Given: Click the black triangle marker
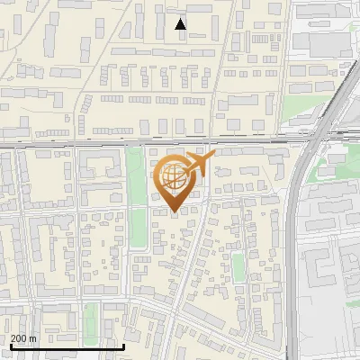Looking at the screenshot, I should point(181,24).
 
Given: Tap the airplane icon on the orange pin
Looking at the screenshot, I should point(201,164).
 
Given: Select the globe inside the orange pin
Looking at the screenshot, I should point(175,177).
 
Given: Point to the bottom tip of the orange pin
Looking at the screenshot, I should point(175,212).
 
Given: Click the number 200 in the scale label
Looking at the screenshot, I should point(19,337).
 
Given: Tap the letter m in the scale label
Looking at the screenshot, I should point(33,337).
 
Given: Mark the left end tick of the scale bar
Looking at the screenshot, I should point(10,346).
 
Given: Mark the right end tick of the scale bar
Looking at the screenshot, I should point(123,346).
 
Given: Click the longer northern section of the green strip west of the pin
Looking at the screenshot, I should point(137,180).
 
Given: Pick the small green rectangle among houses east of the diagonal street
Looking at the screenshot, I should point(238,266).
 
